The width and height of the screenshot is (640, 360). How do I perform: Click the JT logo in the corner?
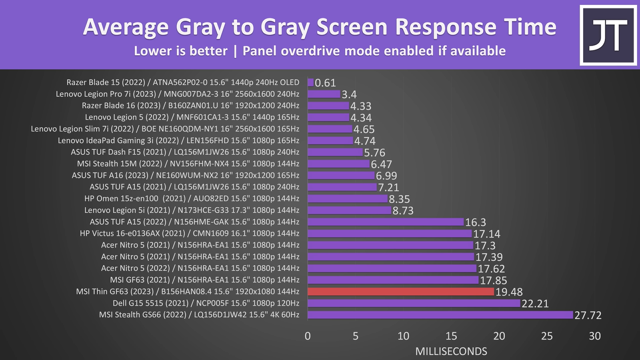tap(608, 35)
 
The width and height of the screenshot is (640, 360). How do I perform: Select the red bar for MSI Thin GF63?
tap(401, 292)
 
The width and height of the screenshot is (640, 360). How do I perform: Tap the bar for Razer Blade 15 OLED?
tap(311, 82)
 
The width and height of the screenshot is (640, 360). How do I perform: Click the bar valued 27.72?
tap(440, 315)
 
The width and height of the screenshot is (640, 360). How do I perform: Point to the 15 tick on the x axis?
tap(451, 336)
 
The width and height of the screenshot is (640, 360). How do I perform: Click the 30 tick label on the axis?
tap(595, 336)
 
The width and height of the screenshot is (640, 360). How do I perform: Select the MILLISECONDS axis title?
tap(451, 351)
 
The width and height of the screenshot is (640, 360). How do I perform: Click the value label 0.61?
tap(325, 83)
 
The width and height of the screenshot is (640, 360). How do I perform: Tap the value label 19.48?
tap(509, 292)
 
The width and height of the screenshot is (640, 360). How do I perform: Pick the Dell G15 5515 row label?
tap(206, 303)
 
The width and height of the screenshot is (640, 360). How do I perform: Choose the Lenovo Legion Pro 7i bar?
tap(324, 94)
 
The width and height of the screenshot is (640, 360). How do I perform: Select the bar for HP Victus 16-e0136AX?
tap(390, 234)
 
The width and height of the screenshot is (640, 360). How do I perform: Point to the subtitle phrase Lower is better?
tap(180, 51)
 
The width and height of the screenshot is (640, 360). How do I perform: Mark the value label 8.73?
tap(403, 211)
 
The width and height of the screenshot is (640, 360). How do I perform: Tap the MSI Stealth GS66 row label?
tap(199, 315)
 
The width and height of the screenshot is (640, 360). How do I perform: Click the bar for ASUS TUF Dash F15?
tap(335, 152)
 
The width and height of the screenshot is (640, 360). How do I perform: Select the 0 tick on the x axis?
tap(308, 336)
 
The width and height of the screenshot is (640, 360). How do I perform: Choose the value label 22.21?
tap(535, 304)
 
